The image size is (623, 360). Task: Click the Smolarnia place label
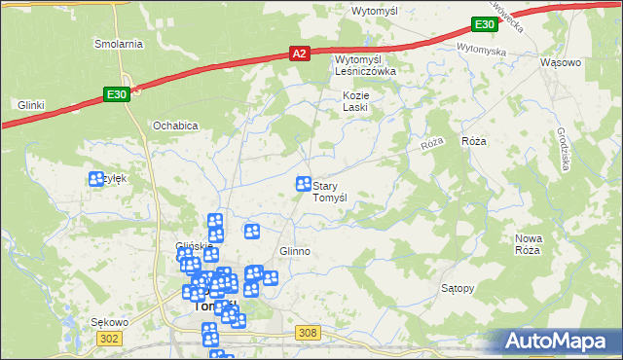tap(119, 44)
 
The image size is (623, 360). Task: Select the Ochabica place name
tap(175, 126)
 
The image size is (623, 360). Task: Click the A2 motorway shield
tap(300, 55)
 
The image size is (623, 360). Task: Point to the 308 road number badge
tap(309, 334)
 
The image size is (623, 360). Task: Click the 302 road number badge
tap(109, 338)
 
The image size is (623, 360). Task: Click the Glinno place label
tap(295, 251)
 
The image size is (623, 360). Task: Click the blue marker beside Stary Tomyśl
tap(303, 184)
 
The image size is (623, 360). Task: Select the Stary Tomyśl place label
tap(337, 191)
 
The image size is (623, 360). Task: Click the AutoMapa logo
tap(559, 341)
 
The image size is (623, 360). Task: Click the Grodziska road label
tap(563, 147)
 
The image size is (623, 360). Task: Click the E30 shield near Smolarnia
tap(116, 94)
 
